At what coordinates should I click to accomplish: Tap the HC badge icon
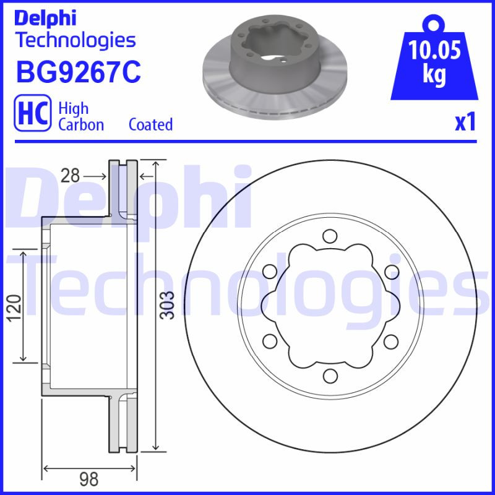tap(32, 116)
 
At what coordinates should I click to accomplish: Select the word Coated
tap(150, 124)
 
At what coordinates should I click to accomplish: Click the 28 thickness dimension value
tap(71, 176)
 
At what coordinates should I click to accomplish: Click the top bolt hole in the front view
tap(330, 236)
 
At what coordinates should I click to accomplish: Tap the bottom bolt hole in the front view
tap(330, 376)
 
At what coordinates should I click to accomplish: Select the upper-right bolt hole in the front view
tap(390, 271)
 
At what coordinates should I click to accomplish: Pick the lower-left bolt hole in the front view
tap(269, 340)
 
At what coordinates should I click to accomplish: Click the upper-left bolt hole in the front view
tap(269, 271)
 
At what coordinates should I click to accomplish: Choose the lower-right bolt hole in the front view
tap(390, 340)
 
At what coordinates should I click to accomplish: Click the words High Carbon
tap(81, 116)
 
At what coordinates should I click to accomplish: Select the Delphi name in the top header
tap(45, 18)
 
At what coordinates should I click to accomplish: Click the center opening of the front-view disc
tap(330, 306)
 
